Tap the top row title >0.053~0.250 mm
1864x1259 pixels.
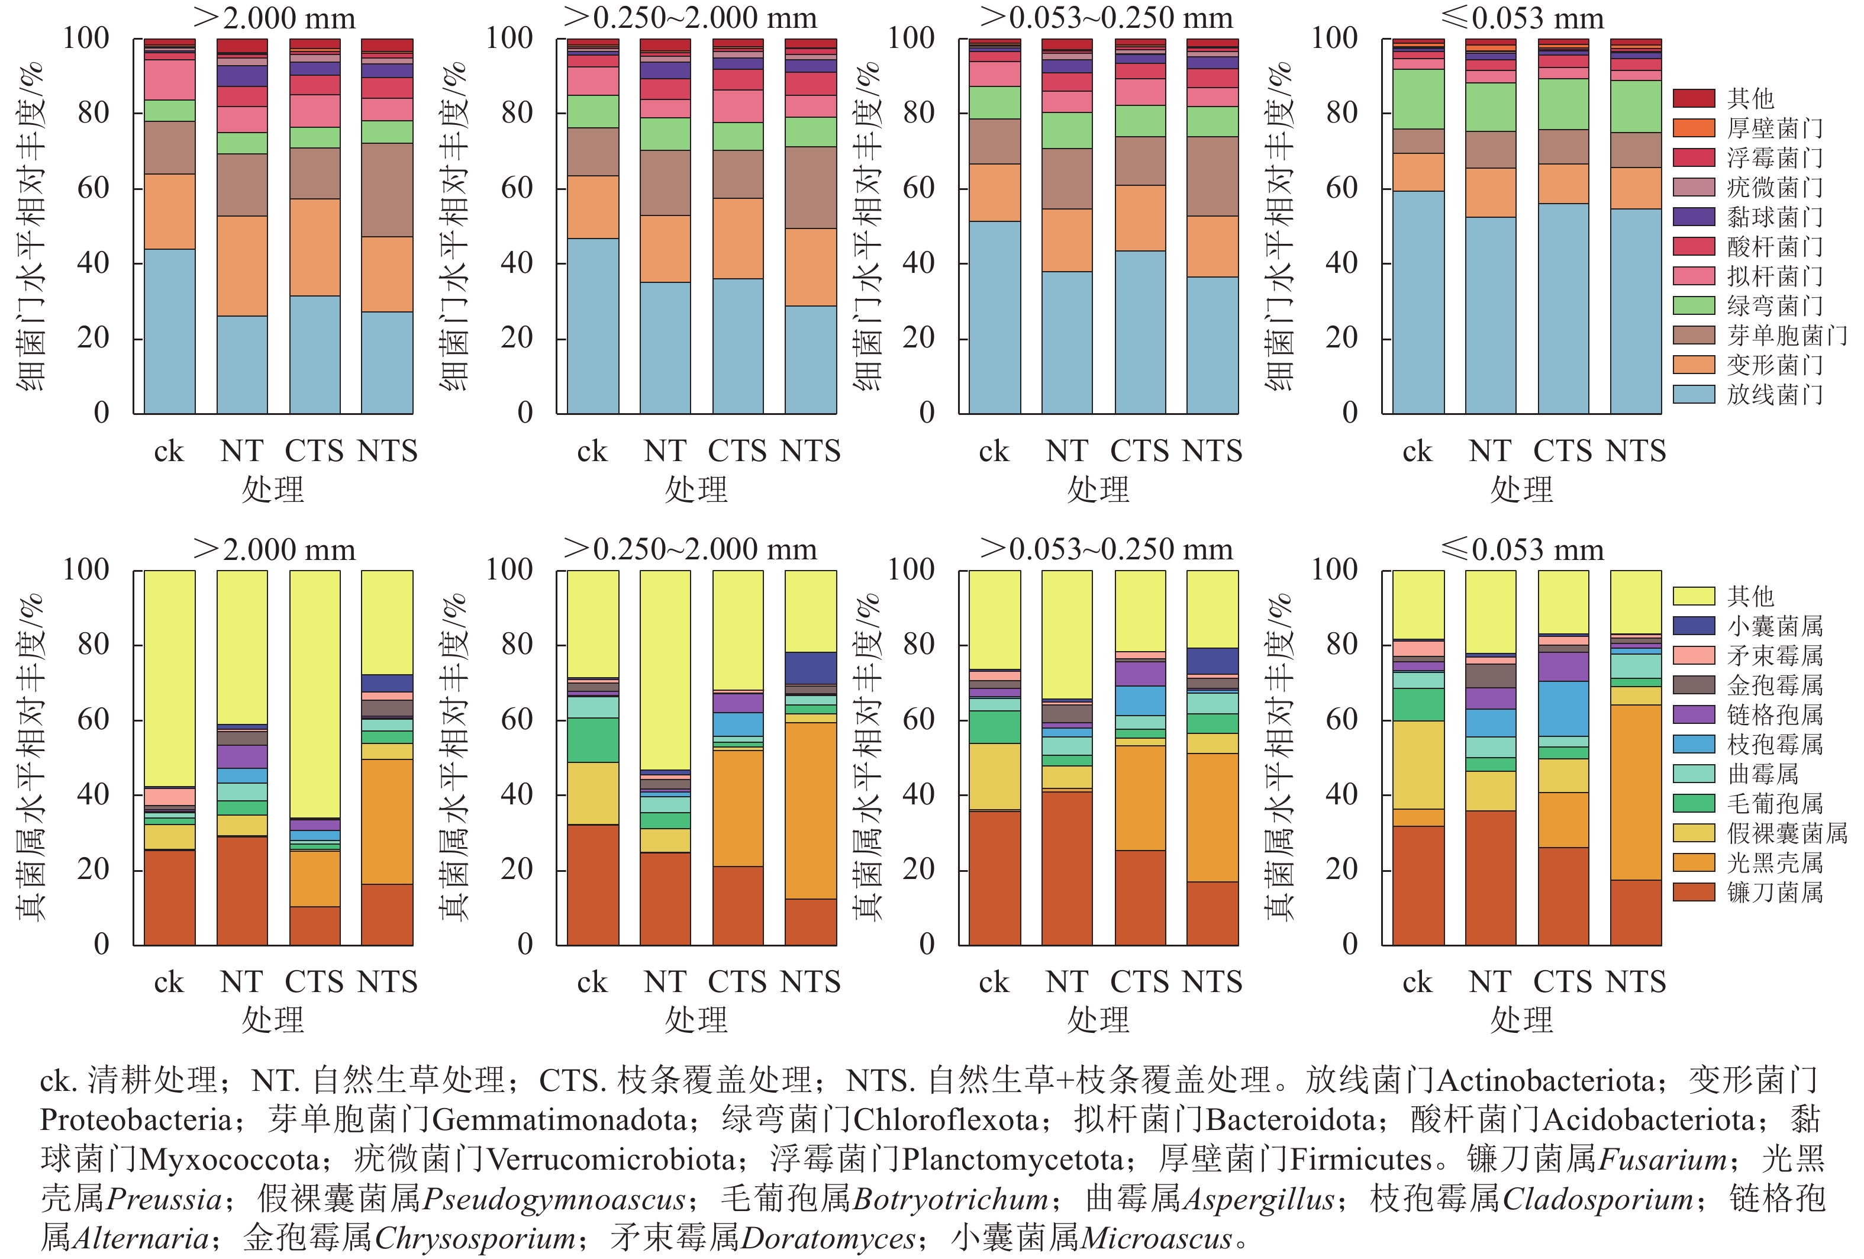[x=1106, y=18]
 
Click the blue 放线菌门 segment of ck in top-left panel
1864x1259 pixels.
[x=169, y=331]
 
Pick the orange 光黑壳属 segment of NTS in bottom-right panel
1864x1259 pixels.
[x=1636, y=792]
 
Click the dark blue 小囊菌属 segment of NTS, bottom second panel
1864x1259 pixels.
[x=810, y=668]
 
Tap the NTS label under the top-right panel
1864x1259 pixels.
[x=1636, y=451]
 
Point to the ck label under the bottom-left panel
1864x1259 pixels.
[x=169, y=982]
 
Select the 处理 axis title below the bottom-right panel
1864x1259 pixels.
[x=1521, y=1020]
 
